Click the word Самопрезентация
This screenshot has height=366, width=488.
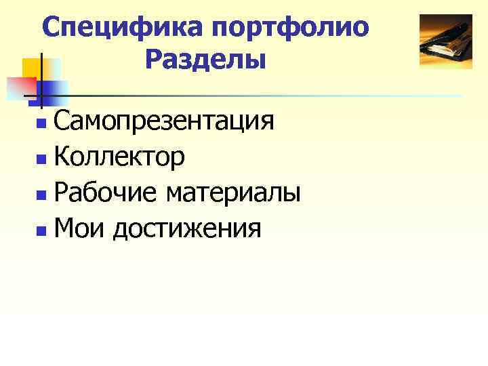point(164,123)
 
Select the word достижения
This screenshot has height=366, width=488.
point(186,230)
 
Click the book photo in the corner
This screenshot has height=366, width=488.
point(445,41)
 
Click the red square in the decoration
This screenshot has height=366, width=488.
point(20,87)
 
